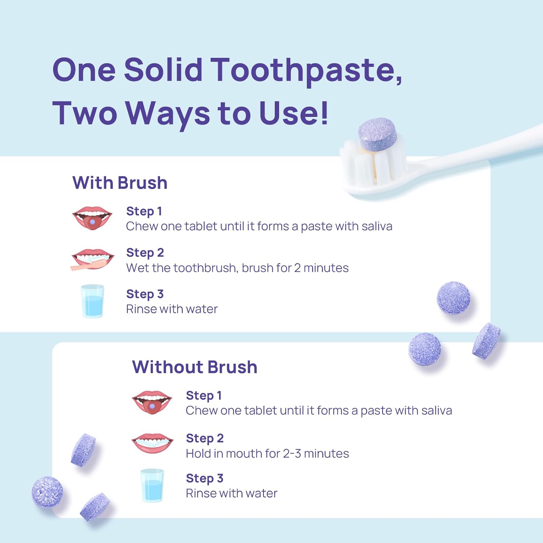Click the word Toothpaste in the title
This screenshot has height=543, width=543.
306,70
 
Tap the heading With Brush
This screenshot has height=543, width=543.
120,183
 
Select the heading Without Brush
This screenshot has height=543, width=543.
195,367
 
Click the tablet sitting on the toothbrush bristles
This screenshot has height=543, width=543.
377,134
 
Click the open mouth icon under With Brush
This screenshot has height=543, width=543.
92,218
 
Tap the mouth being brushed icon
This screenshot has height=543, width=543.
93,259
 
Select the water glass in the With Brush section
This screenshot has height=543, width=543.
92,301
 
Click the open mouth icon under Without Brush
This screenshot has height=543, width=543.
152,402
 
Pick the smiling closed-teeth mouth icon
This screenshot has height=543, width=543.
152,443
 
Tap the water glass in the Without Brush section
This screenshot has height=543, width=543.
152,485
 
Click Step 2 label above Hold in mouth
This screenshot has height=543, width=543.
205,438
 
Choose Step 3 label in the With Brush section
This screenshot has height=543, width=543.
145,294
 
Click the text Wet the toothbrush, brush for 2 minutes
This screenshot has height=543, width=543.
237,268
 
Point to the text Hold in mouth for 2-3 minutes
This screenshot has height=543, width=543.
267,454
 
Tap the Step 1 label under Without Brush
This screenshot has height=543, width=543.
203,396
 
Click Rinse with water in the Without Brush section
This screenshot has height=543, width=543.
231,493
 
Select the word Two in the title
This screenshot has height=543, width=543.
85,113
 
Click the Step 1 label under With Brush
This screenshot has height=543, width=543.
144,211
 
